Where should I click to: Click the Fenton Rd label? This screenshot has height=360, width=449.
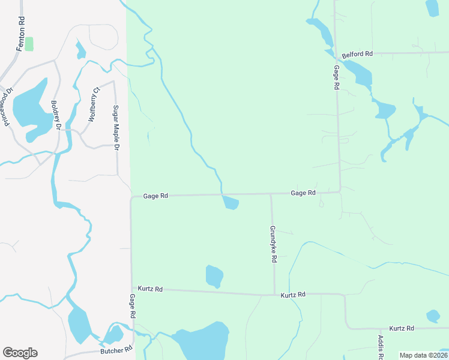point(21,34)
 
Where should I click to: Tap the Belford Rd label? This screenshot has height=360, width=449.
point(357,54)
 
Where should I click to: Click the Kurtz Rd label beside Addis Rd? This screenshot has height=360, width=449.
point(402,328)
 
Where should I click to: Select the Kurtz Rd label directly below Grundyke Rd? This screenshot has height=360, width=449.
point(294,295)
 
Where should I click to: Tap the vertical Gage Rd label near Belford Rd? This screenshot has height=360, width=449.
point(336,77)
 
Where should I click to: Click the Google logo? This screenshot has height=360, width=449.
point(20,353)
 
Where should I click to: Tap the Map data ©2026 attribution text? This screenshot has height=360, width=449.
point(423,355)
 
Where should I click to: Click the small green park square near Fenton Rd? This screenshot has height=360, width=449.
point(29,44)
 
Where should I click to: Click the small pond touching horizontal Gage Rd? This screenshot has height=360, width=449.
point(231,203)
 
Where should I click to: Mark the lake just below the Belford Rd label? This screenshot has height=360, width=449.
point(360,73)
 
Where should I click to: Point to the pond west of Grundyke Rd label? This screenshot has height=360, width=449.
point(214,277)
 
